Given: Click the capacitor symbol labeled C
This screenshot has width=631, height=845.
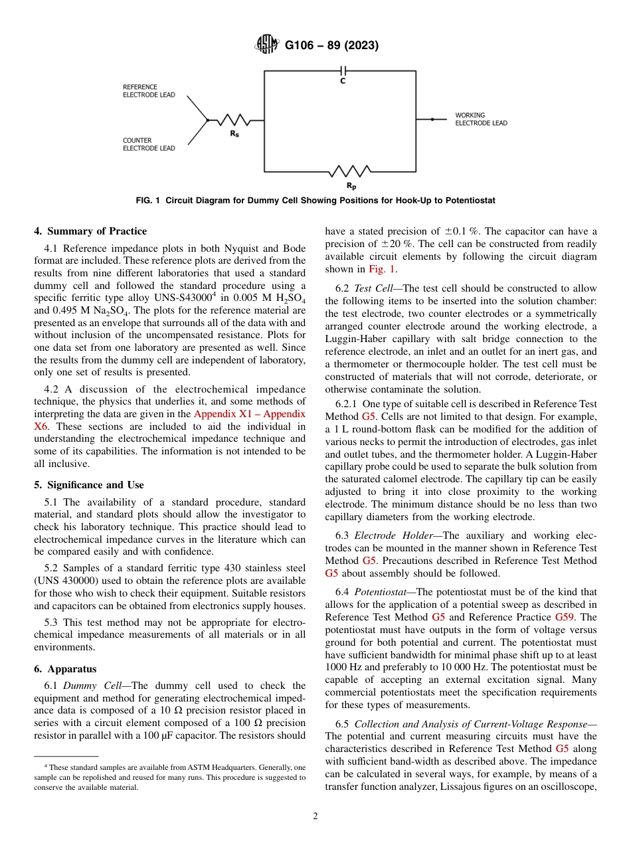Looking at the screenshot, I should pyautogui.click(x=343, y=70).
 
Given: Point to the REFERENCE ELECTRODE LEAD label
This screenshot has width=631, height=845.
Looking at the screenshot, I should pyautogui.click(x=149, y=91).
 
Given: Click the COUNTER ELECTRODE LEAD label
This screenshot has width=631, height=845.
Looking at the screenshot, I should pyautogui.click(x=149, y=144).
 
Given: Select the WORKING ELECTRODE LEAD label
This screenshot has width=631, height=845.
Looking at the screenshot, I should pyautogui.click(x=481, y=119).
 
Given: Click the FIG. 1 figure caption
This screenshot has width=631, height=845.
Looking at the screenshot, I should pyautogui.click(x=315, y=200).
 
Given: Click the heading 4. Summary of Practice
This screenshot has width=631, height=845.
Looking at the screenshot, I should pyautogui.click(x=90, y=231).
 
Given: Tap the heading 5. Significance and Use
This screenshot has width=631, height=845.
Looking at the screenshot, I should pyautogui.click(x=89, y=485).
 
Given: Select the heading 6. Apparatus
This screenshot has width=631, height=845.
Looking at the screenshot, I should pyautogui.click(x=65, y=669).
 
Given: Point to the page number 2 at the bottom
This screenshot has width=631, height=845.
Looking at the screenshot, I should pyautogui.click(x=315, y=816).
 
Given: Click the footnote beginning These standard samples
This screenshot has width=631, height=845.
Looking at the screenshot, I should pyautogui.click(x=170, y=777).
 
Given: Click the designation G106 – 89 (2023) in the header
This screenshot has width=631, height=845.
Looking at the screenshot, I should pyautogui.click(x=331, y=46).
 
